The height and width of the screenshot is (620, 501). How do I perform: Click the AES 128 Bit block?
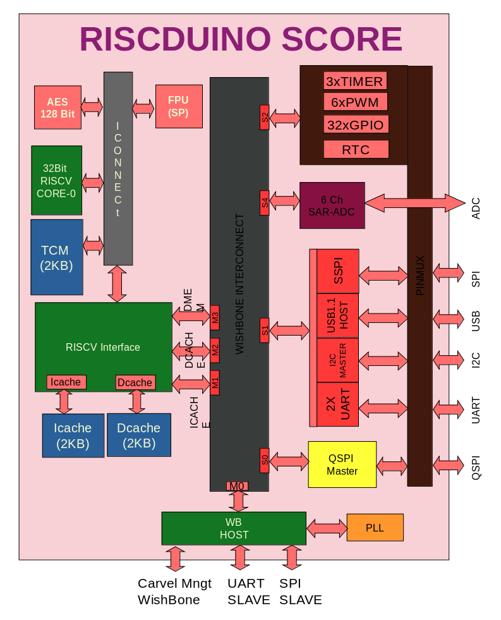pos(57,107)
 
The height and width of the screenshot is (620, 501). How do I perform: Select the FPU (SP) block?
pos(178,107)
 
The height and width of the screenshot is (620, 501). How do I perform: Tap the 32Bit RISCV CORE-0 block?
pos(56,181)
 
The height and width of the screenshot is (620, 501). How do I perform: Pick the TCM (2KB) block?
pos(57,257)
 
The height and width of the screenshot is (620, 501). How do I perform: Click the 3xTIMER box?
pos(354,82)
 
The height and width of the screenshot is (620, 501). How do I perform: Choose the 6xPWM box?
pos(354,102)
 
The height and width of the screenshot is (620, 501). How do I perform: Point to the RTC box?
pos(356,150)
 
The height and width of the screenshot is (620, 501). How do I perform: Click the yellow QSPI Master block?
pos(342,465)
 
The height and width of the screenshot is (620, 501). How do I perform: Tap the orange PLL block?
pos(375,528)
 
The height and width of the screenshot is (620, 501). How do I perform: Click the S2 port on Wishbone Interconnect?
pos(265,118)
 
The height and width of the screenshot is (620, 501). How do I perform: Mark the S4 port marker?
pos(265,203)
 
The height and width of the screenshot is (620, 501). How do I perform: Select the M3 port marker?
pos(215,317)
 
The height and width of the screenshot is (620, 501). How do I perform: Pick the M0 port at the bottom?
pos(237,486)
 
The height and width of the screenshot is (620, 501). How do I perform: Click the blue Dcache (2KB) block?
pos(139,435)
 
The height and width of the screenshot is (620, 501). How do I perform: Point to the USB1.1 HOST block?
pos(337,316)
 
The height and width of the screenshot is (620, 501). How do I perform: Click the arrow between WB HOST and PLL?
pos(327,528)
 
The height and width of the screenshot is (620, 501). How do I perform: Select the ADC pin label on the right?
pos(476,208)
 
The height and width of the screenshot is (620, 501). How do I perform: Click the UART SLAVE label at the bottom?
pos(249,592)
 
